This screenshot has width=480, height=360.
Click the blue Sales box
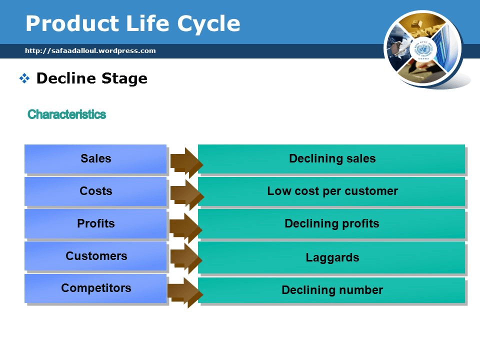pyautogui.click(x=95, y=159)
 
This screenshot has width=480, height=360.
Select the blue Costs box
pyautogui.click(x=95, y=191)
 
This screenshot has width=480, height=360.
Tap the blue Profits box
pyautogui.click(x=95, y=223)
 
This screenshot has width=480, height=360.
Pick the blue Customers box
pyautogui.click(x=95, y=256)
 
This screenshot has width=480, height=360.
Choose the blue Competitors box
pyautogui.click(x=95, y=288)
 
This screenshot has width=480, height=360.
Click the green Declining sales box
pyautogui.click(x=332, y=159)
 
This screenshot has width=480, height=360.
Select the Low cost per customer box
pyautogui.click(x=332, y=191)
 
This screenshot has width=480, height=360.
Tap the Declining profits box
pyautogui.click(x=332, y=223)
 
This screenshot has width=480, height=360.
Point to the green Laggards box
pyautogui.click(x=332, y=258)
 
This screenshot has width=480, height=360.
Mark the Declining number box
pyautogui.click(x=332, y=290)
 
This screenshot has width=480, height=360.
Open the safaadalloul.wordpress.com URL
pyautogui.click(x=90, y=50)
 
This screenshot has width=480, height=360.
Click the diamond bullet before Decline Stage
pyautogui.click(x=24, y=78)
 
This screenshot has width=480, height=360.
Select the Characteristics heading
pyautogui.click(x=66, y=114)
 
